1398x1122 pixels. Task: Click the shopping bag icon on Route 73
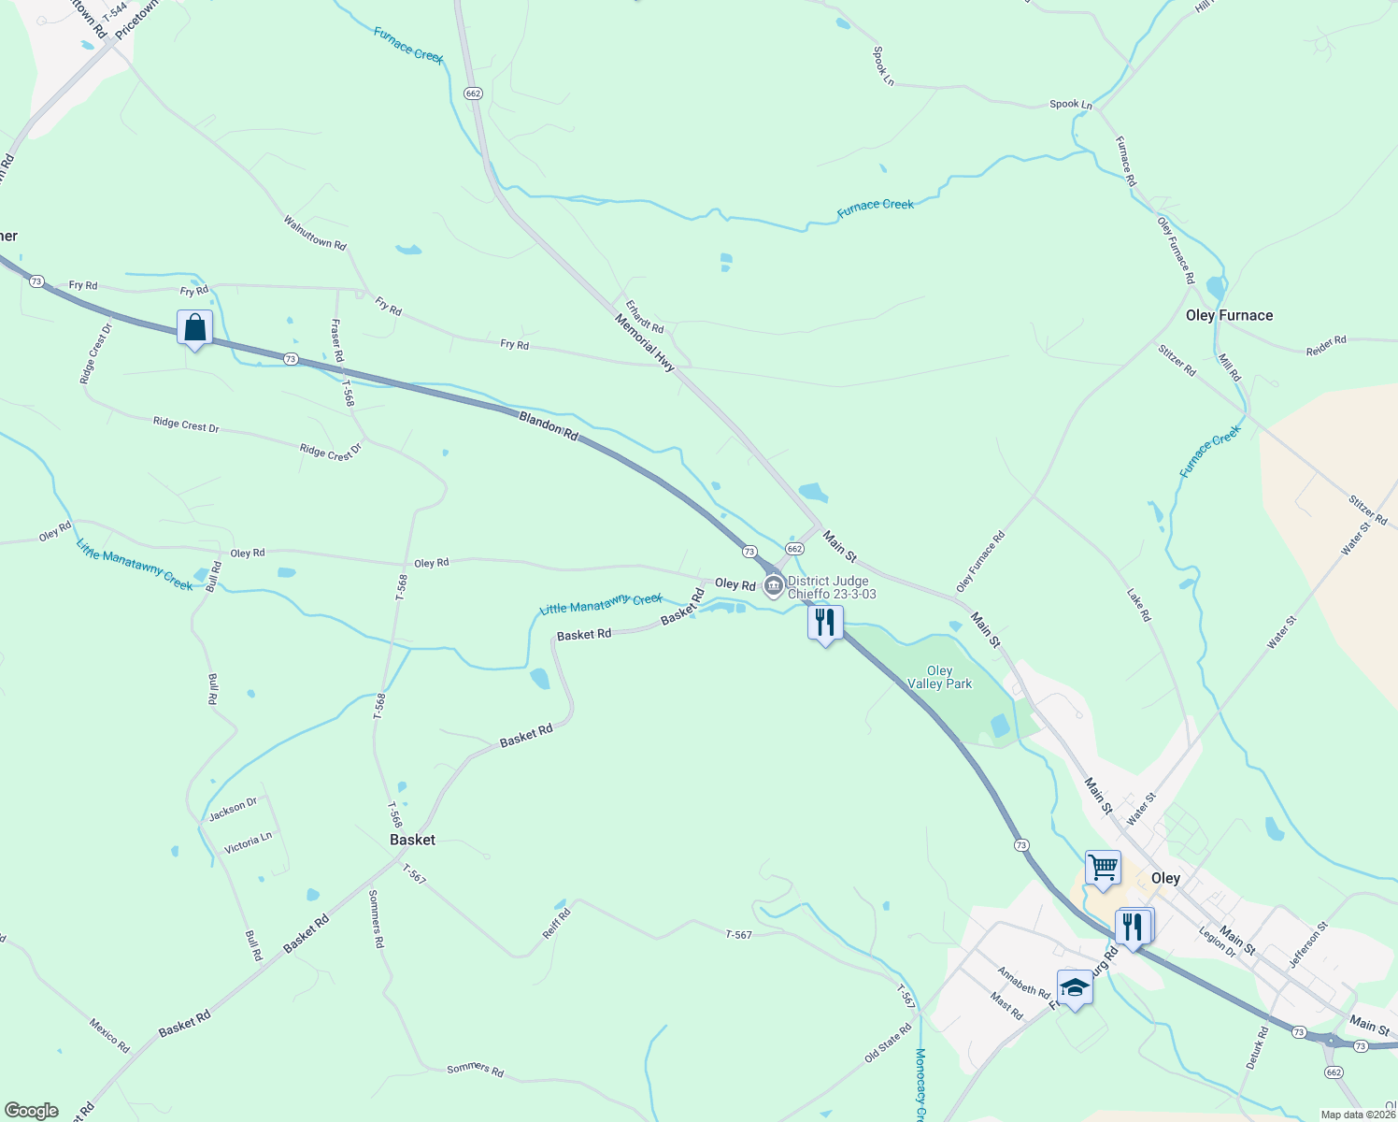click(194, 328)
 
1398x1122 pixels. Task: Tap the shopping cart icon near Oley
click(1103, 868)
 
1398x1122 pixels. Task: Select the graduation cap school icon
click(1075, 988)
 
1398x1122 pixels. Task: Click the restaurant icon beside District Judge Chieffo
click(825, 623)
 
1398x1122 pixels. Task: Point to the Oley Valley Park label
click(939, 677)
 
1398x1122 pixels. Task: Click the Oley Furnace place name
click(1229, 316)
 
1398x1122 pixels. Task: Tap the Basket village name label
click(412, 840)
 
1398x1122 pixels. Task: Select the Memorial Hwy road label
click(644, 343)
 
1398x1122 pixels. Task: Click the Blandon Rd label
click(549, 425)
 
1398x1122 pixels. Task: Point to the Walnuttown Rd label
click(315, 233)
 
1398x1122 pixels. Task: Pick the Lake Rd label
click(1138, 605)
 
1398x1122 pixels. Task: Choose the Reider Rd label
click(1326, 345)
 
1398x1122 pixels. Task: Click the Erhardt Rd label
click(645, 316)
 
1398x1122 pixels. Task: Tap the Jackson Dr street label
click(233, 809)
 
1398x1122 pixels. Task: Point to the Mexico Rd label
click(109, 1035)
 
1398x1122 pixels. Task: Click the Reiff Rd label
click(556, 923)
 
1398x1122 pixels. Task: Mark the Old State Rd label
click(888, 1043)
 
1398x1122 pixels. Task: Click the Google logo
click(32, 1111)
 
